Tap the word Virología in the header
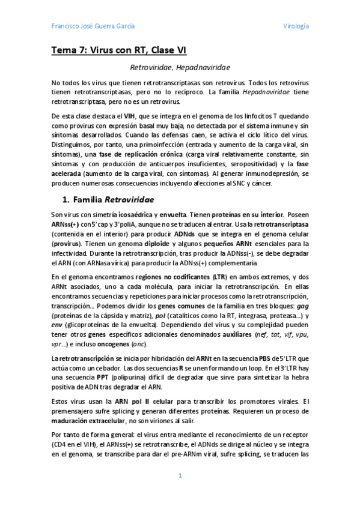(296, 26)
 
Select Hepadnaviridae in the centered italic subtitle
(203, 68)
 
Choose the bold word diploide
(157, 244)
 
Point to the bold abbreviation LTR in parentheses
(219, 277)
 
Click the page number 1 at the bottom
(180, 476)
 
